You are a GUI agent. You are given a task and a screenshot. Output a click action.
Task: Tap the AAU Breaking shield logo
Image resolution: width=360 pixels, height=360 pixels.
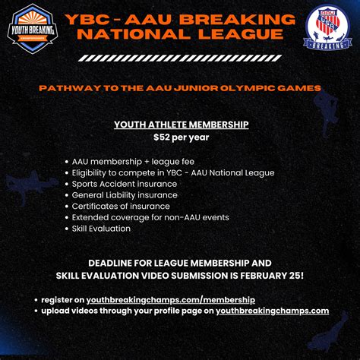tap(327, 29)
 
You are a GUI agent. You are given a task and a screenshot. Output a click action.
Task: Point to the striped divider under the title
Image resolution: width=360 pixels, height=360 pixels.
tap(179, 58)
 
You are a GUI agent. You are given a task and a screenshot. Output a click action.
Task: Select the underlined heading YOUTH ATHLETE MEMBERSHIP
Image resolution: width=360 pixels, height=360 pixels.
tap(181, 125)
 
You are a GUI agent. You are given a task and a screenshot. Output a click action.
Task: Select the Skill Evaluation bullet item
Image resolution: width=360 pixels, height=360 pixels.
tap(103, 229)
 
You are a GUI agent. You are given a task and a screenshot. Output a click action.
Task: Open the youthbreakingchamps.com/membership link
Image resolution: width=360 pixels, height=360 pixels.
tap(171, 300)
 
